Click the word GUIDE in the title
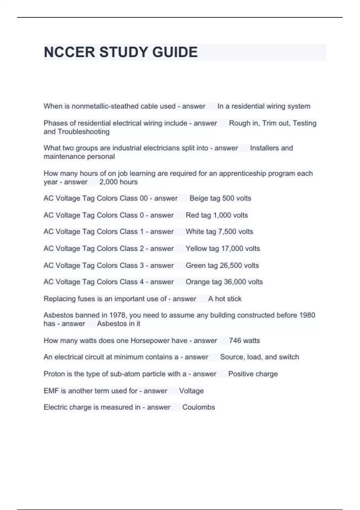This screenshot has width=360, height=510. (x=175, y=52)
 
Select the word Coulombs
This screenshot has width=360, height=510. (x=199, y=407)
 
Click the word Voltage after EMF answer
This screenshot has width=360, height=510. (x=191, y=391)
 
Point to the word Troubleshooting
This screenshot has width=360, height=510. (x=83, y=132)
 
